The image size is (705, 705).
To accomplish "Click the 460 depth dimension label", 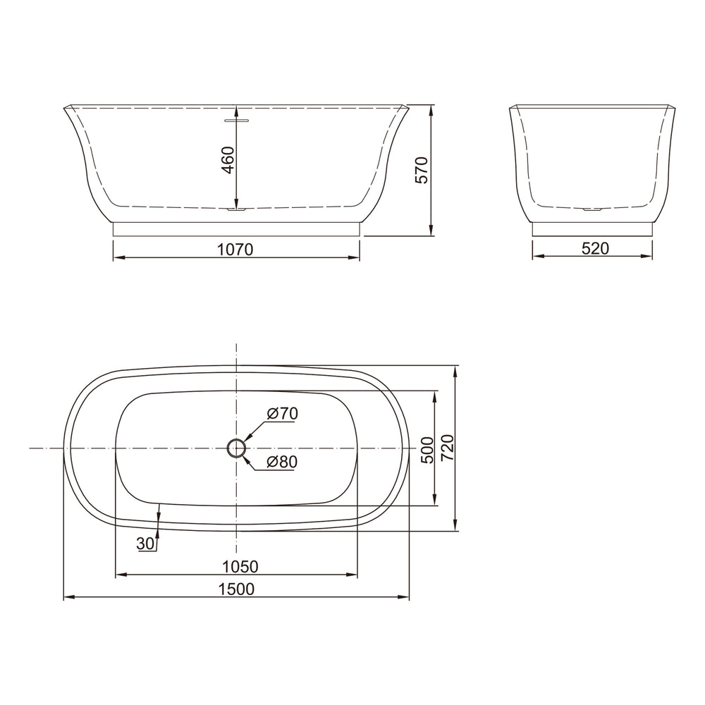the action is coord(228,160).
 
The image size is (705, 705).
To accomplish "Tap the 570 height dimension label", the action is coord(422,170).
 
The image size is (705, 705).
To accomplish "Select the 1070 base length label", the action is coord(235,249).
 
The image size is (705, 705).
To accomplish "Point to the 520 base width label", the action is coord(595,247).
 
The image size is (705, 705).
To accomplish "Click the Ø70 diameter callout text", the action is coord(283,413).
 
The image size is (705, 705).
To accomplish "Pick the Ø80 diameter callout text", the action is coord(282,462).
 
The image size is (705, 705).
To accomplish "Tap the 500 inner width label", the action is coord(427,450).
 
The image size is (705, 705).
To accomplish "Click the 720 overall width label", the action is coord(448,448).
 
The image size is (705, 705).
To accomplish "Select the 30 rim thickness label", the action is coord(145,544).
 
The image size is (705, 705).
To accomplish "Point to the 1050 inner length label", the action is coord(240,567).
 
